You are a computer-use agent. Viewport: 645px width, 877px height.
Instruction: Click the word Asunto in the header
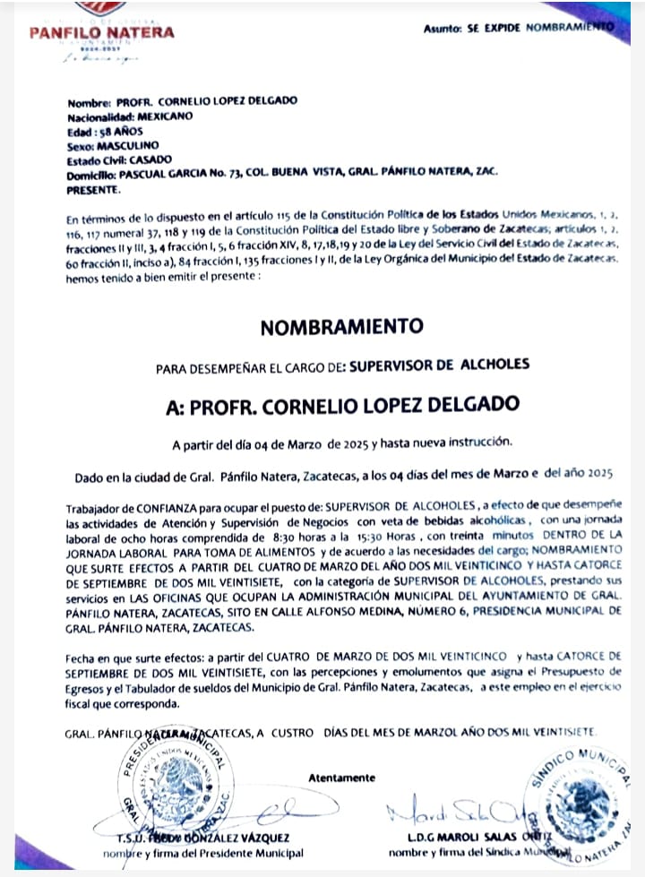point(443,29)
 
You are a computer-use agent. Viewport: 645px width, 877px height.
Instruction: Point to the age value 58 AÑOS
point(117,130)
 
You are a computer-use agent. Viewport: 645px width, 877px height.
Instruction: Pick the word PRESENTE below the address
point(92,190)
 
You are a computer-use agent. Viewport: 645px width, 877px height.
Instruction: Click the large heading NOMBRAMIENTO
point(341,328)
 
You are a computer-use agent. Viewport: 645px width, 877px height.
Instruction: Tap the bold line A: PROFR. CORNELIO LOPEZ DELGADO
point(342,405)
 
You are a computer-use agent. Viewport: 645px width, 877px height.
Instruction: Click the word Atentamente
point(342,778)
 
